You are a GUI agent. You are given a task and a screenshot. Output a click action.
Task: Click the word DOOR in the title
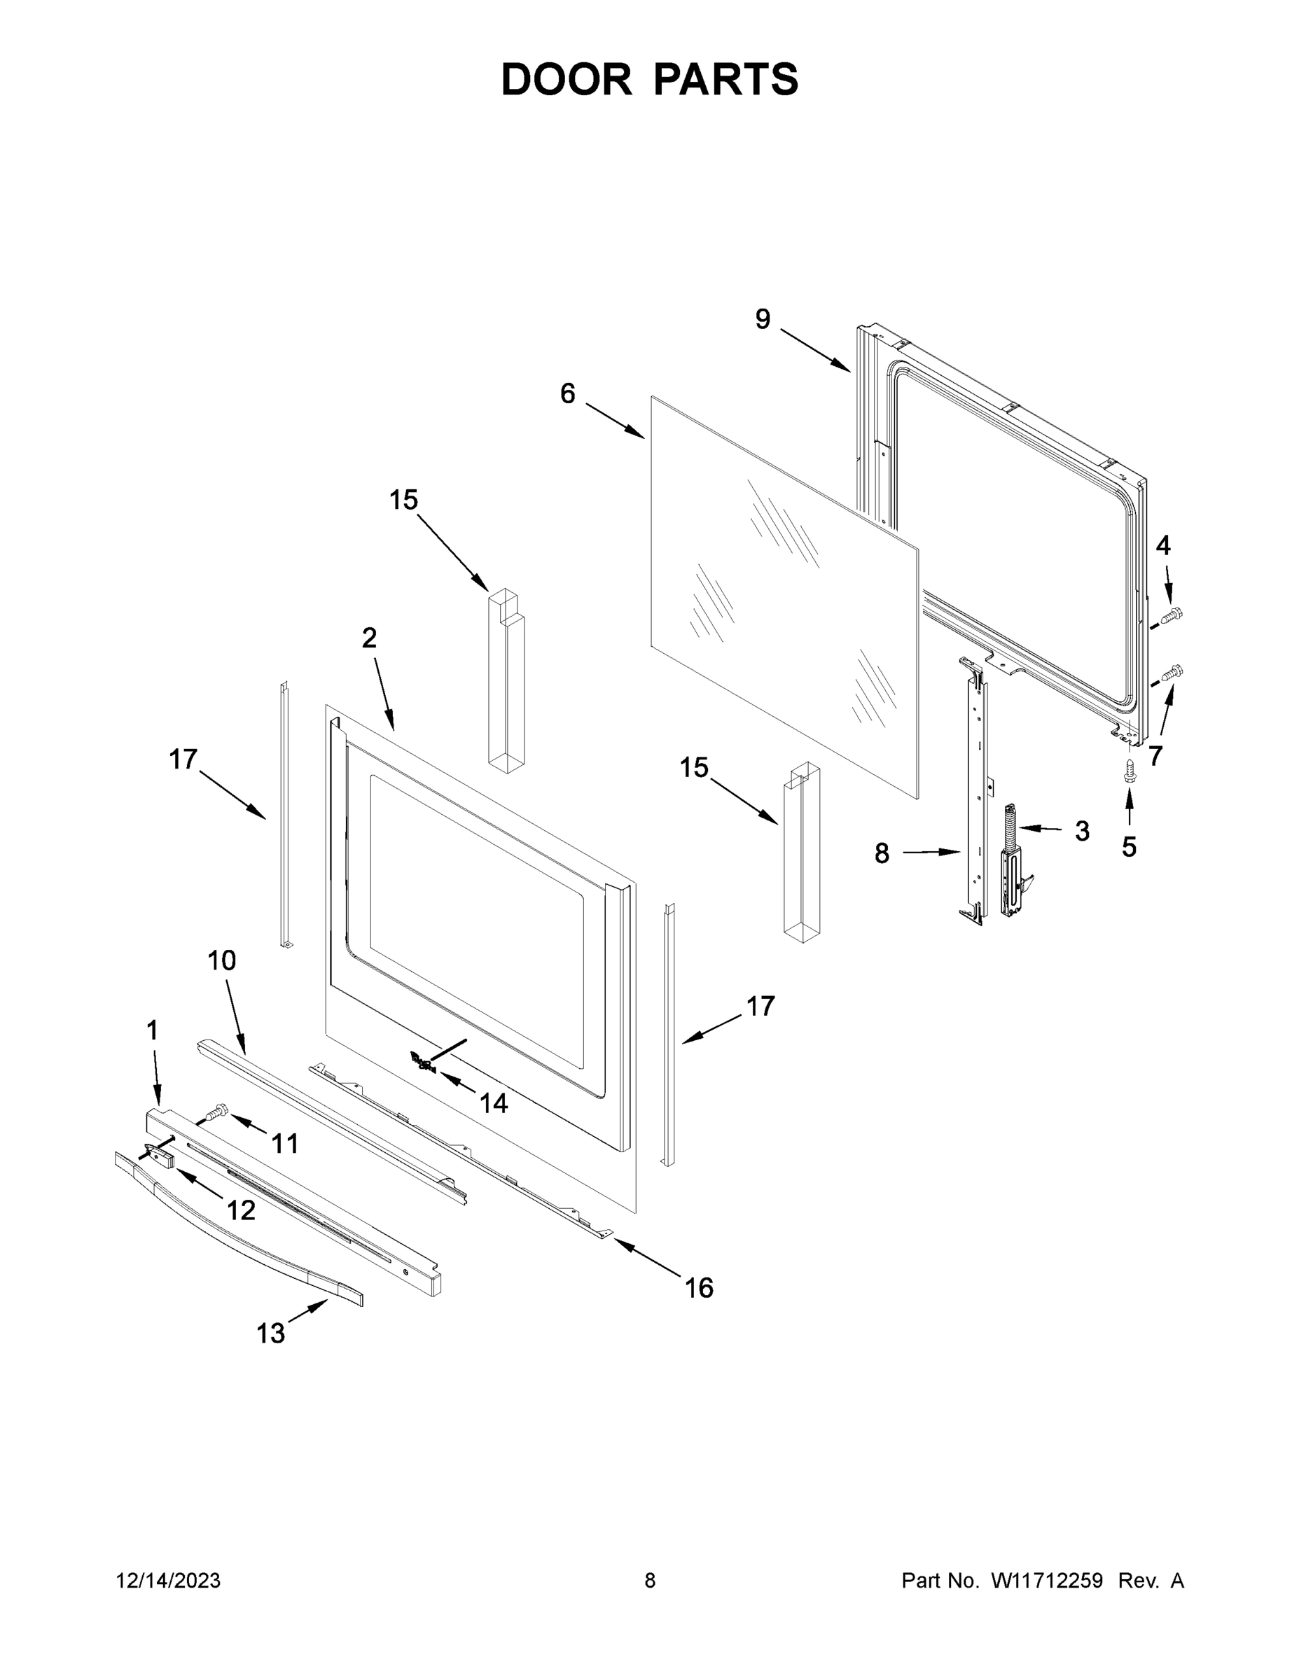[567, 79]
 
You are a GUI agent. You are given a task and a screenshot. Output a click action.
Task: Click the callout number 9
[762, 319]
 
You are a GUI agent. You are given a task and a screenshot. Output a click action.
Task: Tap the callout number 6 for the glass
[567, 394]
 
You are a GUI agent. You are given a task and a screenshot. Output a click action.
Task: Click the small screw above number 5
[1129, 771]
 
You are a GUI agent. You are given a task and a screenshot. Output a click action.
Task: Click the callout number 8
[882, 853]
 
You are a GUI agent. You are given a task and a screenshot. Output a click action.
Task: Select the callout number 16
[699, 1288]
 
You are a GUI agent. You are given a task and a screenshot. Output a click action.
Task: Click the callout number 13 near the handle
[270, 1333]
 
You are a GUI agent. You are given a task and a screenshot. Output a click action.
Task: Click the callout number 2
[369, 638]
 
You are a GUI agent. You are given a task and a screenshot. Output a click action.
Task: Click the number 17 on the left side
[183, 759]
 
